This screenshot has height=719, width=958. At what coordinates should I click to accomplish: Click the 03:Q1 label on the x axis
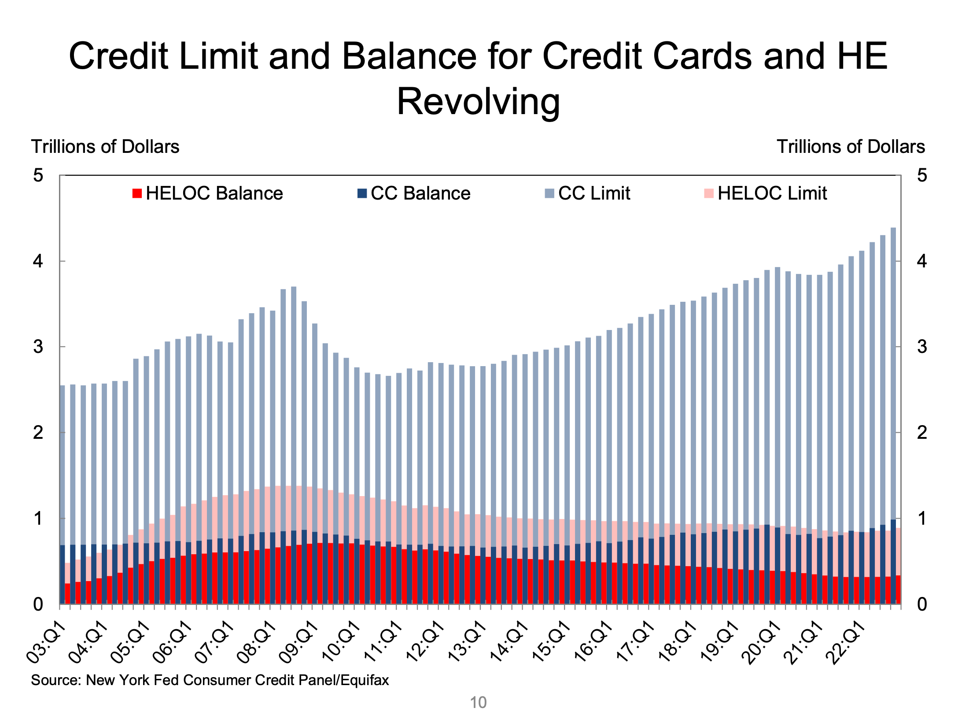(x=45, y=642)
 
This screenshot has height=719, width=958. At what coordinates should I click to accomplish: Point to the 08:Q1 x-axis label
(x=256, y=642)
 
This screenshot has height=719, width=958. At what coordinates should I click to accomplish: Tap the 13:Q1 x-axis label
(x=467, y=642)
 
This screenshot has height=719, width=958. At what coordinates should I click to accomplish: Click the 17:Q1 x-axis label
(x=635, y=642)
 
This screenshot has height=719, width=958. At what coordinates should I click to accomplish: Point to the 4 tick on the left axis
(x=38, y=261)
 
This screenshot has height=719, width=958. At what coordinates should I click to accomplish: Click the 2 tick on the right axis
(x=922, y=433)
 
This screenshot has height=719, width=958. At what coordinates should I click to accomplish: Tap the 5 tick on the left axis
(x=38, y=175)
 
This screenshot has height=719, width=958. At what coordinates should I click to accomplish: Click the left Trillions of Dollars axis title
(x=105, y=147)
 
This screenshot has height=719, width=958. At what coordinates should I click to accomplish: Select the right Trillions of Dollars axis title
(x=851, y=147)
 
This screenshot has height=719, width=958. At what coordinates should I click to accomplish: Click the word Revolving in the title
(x=479, y=102)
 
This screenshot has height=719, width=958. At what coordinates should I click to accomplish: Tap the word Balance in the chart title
(x=409, y=56)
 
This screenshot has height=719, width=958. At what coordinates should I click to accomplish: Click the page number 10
(x=478, y=702)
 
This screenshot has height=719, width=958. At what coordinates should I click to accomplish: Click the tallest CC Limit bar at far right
(x=893, y=352)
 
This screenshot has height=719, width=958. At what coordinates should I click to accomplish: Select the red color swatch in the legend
(x=137, y=193)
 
